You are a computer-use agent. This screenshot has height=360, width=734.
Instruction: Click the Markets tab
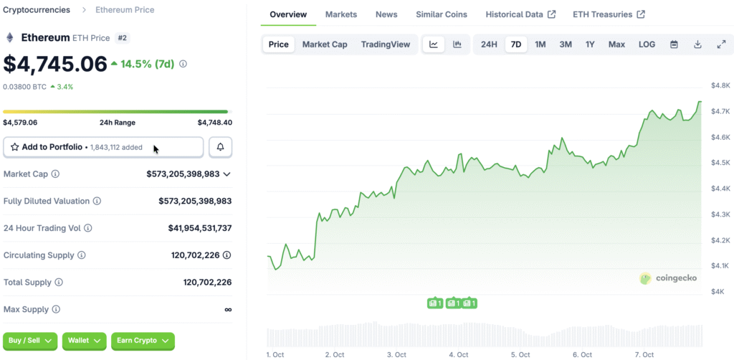(x=340, y=14)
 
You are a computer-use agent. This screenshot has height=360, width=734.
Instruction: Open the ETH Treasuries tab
(x=608, y=14)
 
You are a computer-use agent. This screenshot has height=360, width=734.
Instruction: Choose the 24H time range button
(x=489, y=44)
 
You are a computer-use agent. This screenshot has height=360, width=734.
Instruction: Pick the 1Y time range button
(x=590, y=44)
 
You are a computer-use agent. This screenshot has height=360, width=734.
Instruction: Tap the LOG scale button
(x=647, y=44)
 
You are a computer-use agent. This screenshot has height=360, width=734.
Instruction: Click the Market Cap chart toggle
(x=325, y=44)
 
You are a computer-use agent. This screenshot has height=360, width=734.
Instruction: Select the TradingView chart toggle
(x=386, y=44)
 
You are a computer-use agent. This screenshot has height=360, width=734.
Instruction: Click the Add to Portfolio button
(x=103, y=147)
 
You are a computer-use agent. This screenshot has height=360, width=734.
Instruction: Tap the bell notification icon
(x=220, y=147)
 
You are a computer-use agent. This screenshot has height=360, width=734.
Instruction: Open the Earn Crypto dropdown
(x=143, y=341)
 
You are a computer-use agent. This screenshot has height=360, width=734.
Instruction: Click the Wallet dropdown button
(x=84, y=341)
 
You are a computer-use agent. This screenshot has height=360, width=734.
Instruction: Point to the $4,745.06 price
(x=55, y=64)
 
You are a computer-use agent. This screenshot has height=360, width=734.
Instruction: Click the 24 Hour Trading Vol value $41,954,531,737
(x=199, y=228)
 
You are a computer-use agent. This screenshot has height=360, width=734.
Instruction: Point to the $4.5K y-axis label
(x=720, y=163)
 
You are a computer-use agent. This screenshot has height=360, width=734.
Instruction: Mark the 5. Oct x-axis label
(x=520, y=355)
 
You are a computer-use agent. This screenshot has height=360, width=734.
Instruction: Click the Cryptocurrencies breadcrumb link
(x=37, y=10)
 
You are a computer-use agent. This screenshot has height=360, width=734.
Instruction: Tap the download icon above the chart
(x=697, y=44)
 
